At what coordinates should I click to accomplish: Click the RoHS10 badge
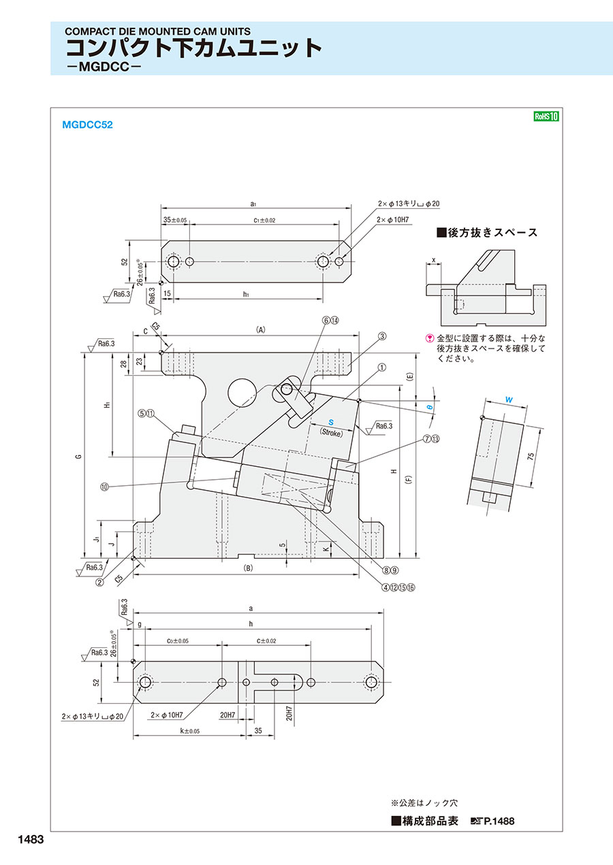click(546, 116)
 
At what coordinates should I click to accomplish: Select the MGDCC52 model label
click(87, 125)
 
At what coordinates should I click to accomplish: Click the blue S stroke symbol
click(331, 422)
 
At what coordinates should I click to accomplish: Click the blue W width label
click(509, 400)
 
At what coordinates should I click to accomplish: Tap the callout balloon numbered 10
click(104, 487)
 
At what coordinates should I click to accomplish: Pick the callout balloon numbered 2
click(99, 582)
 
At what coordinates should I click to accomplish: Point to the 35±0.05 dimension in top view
click(175, 220)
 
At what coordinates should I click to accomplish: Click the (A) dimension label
click(260, 329)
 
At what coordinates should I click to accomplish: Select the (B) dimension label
click(248, 567)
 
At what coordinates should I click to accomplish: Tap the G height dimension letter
click(79, 457)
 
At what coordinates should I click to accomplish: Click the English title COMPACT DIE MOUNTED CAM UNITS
click(157, 31)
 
